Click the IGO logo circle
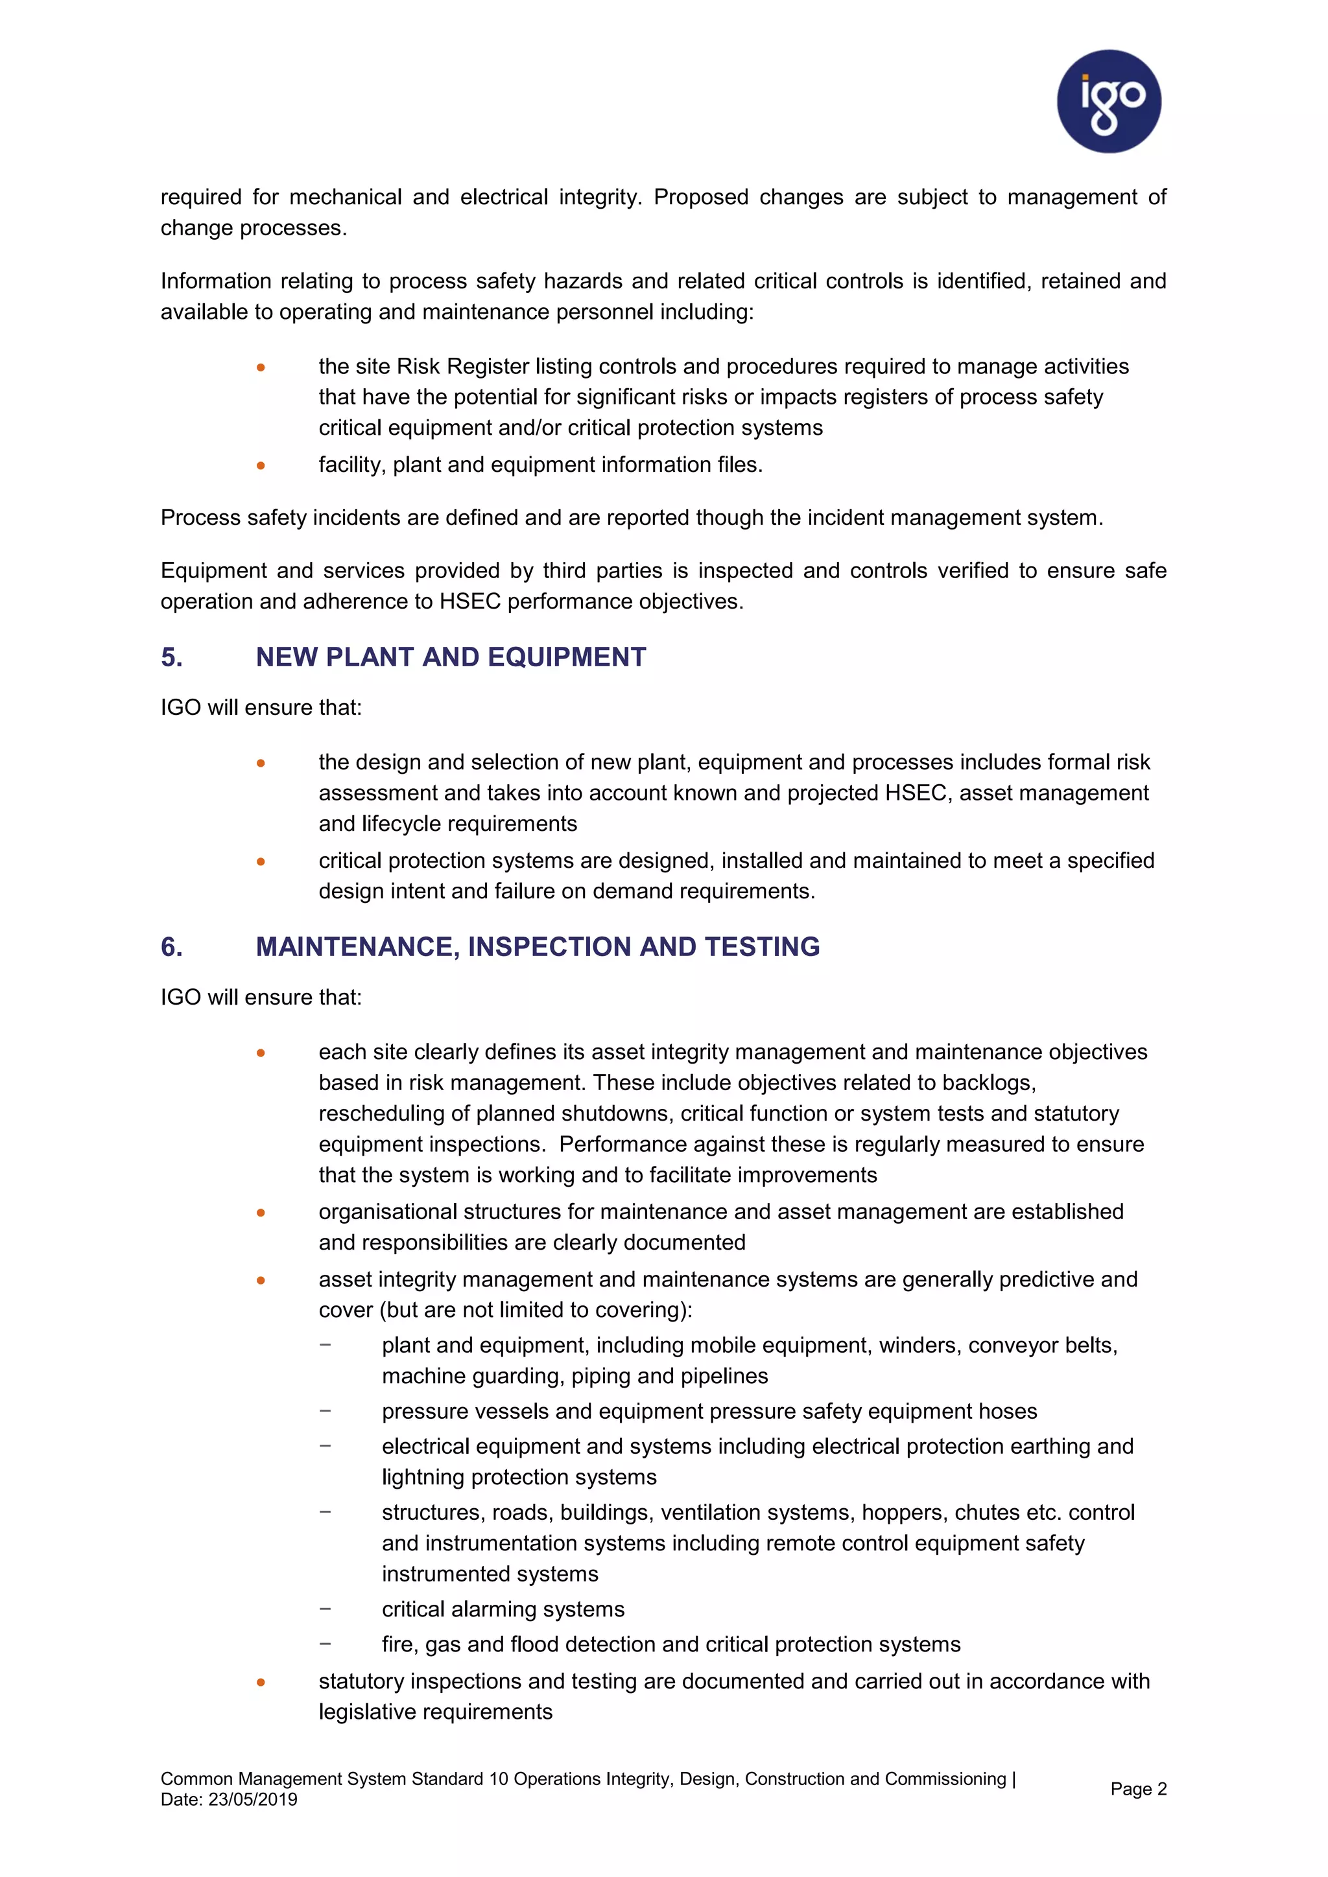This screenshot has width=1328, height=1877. coord(1108,101)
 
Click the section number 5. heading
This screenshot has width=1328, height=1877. coord(172,657)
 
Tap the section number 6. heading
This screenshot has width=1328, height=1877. coord(172,947)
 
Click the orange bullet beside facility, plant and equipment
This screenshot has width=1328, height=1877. coord(261,465)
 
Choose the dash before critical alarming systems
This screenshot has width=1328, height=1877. coord(326,1608)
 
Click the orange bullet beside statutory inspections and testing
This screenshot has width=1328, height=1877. coord(261,1682)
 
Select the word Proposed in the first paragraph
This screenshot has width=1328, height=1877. coord(701,197)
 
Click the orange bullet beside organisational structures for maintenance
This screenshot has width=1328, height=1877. coord(261,1213)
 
